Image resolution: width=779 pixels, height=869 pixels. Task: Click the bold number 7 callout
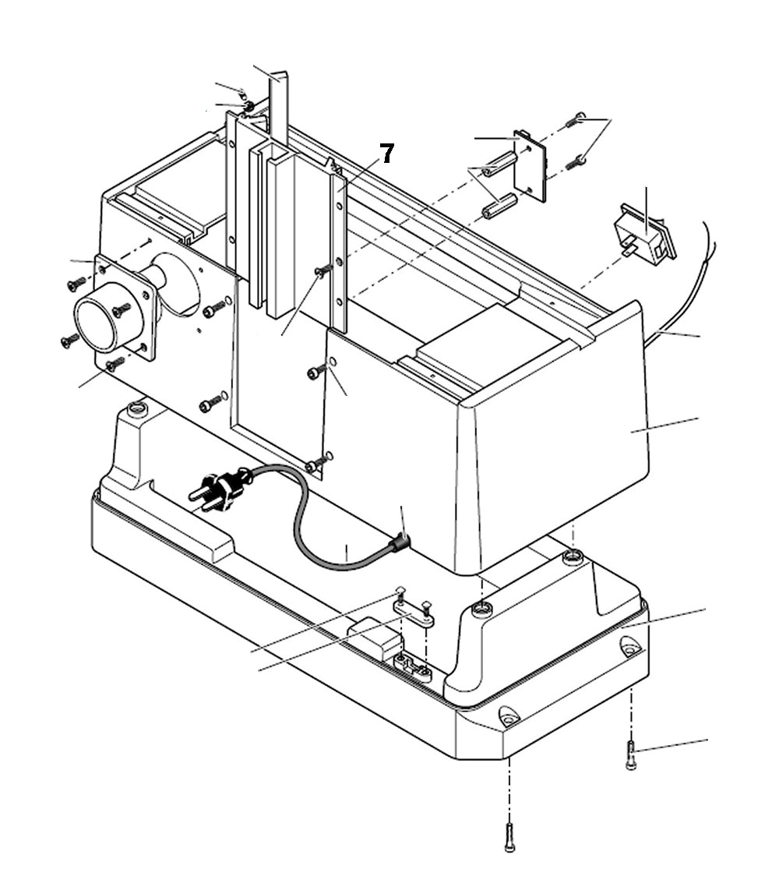(x=386, y=154)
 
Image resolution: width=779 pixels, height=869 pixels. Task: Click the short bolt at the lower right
(x=631, y=755)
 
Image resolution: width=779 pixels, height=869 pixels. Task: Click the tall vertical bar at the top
(x=279, y=109)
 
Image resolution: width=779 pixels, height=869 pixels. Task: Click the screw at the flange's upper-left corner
(x=76, y=284)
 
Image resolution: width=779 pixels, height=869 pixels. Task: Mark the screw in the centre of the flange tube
(x=121, y=309)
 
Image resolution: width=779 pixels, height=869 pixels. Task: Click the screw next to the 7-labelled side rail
(x=323, y=270)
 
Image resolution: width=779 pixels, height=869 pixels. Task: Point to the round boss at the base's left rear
(x=138, y=408)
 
